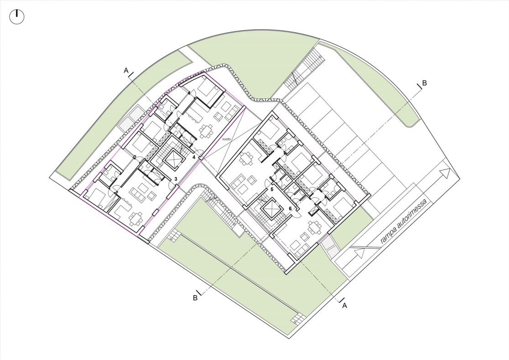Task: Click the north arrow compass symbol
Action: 17,17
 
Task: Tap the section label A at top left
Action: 126,70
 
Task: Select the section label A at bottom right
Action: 345,305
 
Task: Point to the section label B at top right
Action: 424,83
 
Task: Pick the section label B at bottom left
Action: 195,297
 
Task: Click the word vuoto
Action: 226,139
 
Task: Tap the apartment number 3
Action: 175,179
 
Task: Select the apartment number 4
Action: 194,157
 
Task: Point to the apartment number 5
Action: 272,188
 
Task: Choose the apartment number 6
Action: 291,209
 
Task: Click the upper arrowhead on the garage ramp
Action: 444,174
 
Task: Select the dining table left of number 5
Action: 246,160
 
